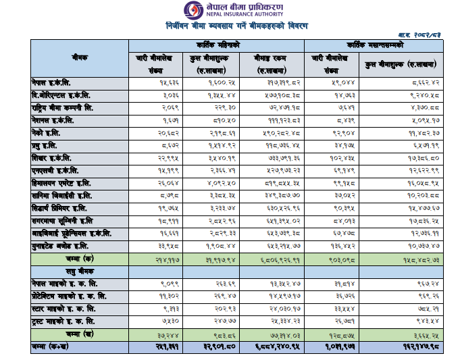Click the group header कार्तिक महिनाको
217,45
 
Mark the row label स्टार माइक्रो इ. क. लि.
65,308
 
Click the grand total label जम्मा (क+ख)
54,346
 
